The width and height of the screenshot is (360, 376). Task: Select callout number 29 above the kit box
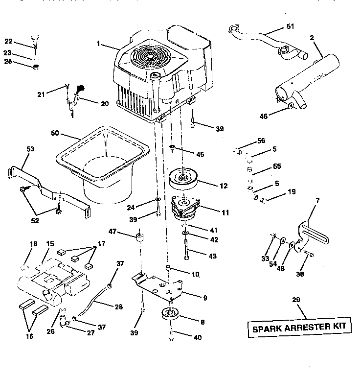[x=295, y=299]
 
